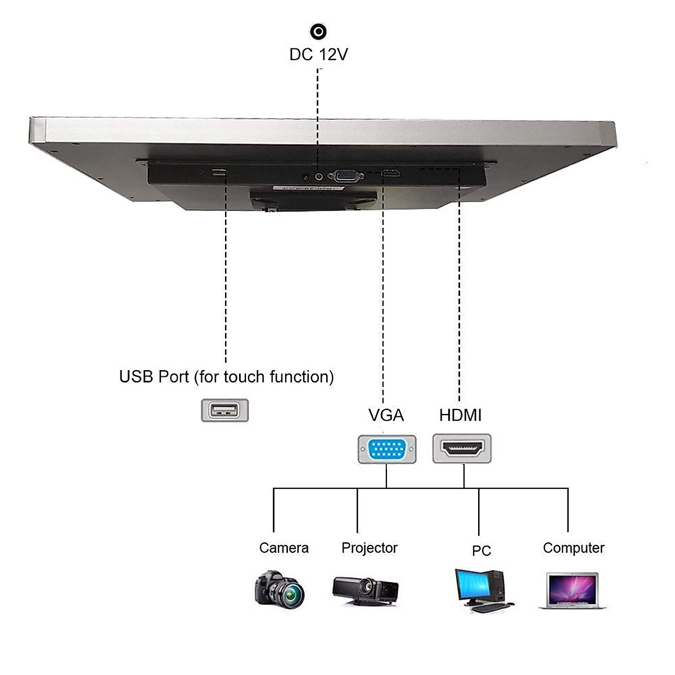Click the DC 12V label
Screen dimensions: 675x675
coord(318,55)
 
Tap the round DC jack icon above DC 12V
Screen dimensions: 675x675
coord(318,31)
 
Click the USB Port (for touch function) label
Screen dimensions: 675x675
coord(226,377)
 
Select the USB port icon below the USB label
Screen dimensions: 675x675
coord(224,411)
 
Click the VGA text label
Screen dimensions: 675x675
coord(386,416)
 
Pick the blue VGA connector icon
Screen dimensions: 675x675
coord(387,449)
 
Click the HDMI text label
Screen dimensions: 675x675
coord(460,416)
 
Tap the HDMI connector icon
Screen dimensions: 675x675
coord(462,449)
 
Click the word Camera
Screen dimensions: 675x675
coord(283,548)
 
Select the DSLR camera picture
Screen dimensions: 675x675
coord(280,589)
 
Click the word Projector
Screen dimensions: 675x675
coord(369,548)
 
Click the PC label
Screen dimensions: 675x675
coord(481,551)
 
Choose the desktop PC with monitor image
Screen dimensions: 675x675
coord(484,590)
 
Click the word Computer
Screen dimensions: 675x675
coord(573,548)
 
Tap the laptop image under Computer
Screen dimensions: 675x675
coord(573,591)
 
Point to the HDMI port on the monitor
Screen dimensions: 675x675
coord(391,173)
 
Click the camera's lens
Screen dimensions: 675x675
coord(291,593)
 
